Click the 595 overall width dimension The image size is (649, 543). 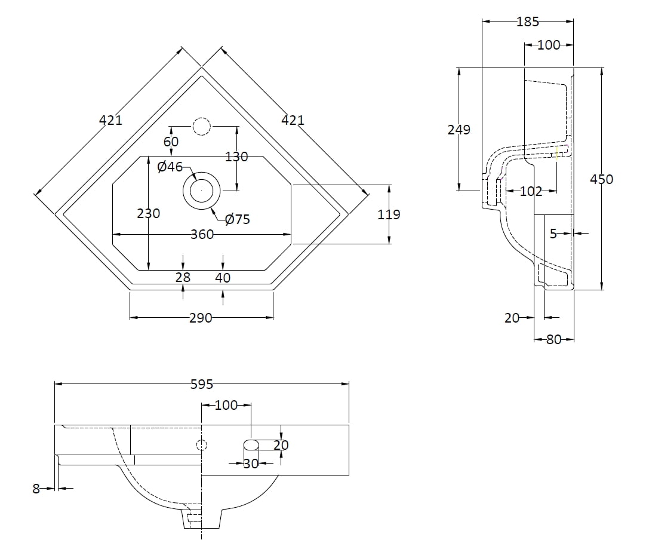pyautogui.click(x=202, y=385)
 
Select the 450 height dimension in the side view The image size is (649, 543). pyautogui.click(x=601, y=179)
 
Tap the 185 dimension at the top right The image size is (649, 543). pyautogui.click(x=528, y=22)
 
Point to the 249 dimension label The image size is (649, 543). pyautogui.click(x=459, y=130)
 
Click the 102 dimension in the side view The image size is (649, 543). pyautogui.click(x=531, y=191)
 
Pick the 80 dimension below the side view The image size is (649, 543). pyautogui.click(x=554, y=339)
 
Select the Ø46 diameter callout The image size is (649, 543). pyautogui.click(x=170, y=167)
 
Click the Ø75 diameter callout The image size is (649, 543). pyautogui.click(x=238, y=219)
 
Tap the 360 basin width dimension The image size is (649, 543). pyautogui.click(x=202, y=234)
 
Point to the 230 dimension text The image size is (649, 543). pyautogui.click(x=149, y=213)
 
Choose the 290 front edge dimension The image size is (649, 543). pyautogui.click(x=201, y=318)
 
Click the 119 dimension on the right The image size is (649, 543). pyautogui.click(x=389, y=214)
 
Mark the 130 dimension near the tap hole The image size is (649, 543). pyautogui.click(x=236, y=157)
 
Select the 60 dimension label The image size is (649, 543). pyautogui.click(x=171, y=142)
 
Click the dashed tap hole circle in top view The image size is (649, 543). pyautogui.click(x=201, y=127)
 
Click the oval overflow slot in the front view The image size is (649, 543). pyautogui.click(x=251, y=444)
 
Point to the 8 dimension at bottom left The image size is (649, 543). pyautogui.click(x=36, y=489)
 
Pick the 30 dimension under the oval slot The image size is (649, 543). pyautogui.click(x=251, y=463)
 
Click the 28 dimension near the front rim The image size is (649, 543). pyautogui.click(x=183, y=277)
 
